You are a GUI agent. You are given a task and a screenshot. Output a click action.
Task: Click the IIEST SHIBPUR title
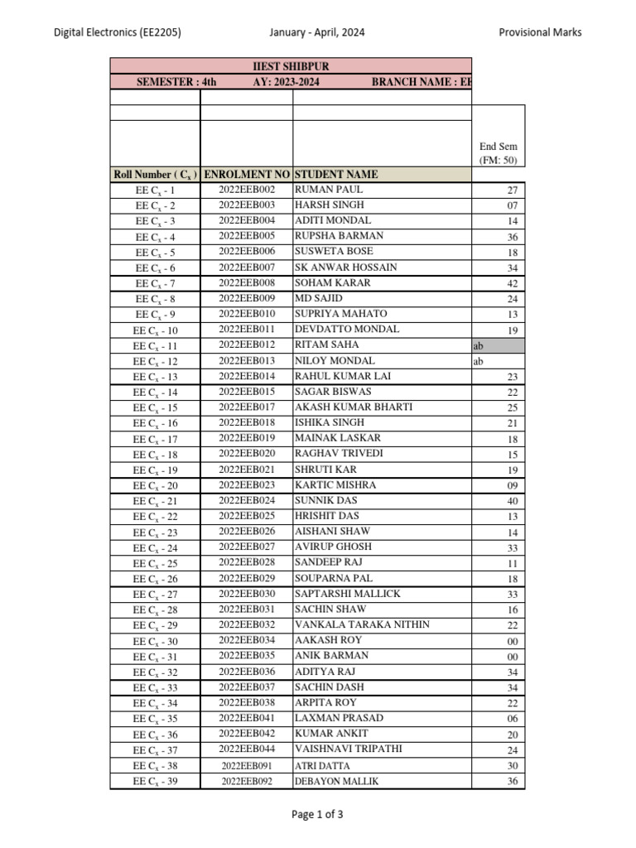click(x=290, y=65)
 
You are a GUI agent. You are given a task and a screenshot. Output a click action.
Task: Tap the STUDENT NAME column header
click(x=336, y=175)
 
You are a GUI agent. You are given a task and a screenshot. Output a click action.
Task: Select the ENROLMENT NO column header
click(x=246, y=175)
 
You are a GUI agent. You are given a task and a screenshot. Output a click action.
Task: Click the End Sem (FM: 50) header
click(x=498, y=153)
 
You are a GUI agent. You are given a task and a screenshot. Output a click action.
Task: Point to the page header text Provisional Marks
click(x=540, y=32)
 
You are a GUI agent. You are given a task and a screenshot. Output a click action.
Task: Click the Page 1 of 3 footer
click(x=317, y=814)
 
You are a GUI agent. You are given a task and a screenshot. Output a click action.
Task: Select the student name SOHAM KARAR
click(x=332, y=283)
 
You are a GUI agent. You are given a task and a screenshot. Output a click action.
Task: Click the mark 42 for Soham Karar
click(x=512, y=283)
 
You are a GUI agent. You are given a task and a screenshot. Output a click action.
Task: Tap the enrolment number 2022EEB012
click(x=247, y=345)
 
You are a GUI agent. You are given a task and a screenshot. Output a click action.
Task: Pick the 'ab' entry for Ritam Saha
click(x=478, y=345)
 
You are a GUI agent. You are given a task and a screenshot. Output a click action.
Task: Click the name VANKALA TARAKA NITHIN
click(x=362, y=625)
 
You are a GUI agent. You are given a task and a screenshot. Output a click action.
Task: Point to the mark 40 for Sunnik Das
click(x=512, y=501)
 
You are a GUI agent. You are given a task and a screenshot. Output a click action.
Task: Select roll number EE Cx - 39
click(x=155, y=782)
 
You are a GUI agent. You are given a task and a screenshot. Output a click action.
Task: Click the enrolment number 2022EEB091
click(x=247, y=766)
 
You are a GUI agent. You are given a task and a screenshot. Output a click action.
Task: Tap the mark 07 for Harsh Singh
click(x=512, y=205)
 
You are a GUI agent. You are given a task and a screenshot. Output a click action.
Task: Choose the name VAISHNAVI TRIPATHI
click(x=349, y=749)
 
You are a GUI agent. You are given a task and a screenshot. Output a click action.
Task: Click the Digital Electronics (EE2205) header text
click(x=118, y=32)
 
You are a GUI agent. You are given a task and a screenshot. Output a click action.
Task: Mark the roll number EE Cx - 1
click(x=155, y=190)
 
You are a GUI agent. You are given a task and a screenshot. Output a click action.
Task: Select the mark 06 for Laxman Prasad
click(x=512, y=719)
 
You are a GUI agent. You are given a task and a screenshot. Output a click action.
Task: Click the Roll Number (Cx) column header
click(x=155, y=175)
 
